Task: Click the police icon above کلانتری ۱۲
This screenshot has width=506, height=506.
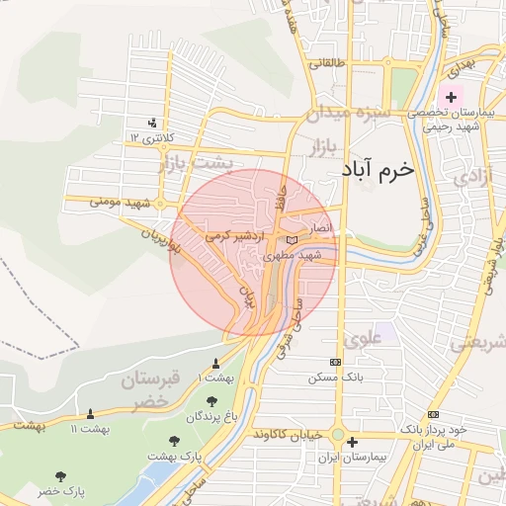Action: [151, 123]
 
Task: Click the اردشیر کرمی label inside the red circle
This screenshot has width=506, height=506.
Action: [230, 237]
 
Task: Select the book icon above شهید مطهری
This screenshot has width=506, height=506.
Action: [291, 239]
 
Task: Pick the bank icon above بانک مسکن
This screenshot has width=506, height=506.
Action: [334, 362]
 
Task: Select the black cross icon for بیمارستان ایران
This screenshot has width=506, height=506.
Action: [353, 444]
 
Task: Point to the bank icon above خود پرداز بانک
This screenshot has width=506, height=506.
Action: [433, 414]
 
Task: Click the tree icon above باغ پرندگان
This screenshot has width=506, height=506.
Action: [211, 401]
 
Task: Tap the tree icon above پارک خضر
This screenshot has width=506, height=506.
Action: [62, 476]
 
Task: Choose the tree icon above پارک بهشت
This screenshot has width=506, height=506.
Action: [175, 441]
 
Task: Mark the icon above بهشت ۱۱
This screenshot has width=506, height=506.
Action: [91, 413]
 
